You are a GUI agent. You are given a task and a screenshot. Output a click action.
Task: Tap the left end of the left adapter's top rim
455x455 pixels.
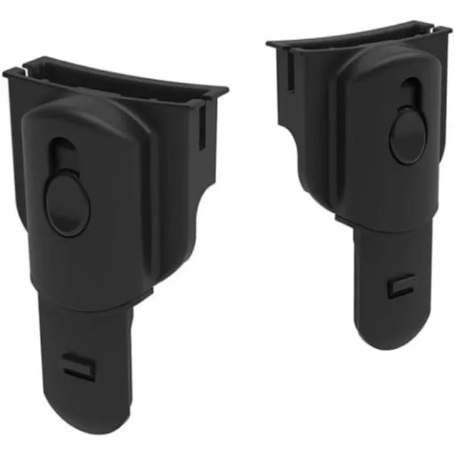click(x=7, y=71)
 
